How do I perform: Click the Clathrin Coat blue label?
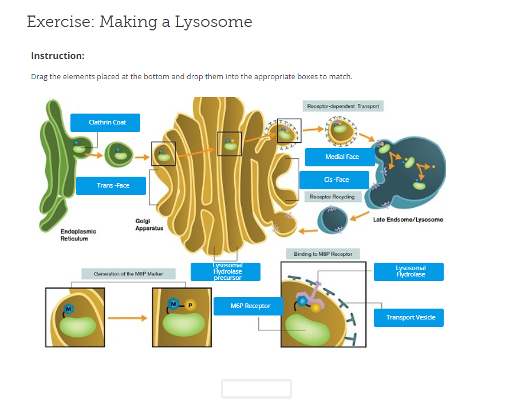tap(105, 122)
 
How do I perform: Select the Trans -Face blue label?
tap(111, 185)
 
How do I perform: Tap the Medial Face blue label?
tap(340, 157)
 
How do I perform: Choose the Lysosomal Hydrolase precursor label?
tap(226, 271)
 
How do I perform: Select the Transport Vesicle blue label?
tap(409, 317)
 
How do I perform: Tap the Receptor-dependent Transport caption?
tap(343, 106)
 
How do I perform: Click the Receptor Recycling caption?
tap(332, 197)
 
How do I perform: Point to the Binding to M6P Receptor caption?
tap(323, 254)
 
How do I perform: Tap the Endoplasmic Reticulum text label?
tap(78, 235)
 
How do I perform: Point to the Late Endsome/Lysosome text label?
tap(408, 220)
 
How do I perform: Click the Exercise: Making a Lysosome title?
tap(139, 22)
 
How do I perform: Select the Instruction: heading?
tap(58, 56)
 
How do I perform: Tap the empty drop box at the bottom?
tap(256, 388)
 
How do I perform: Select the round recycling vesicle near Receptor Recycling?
tap(333, 220)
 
